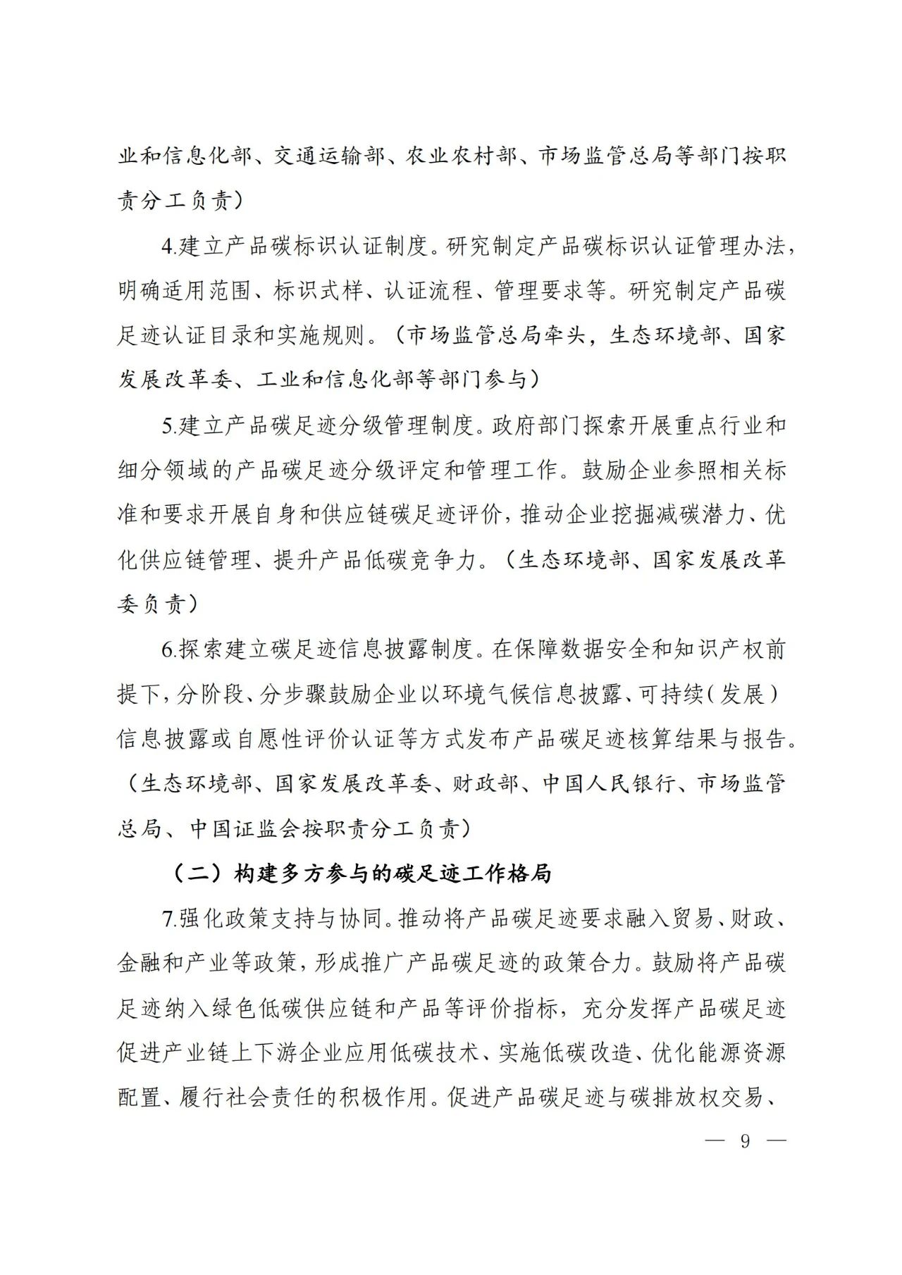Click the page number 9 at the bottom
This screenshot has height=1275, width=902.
(x=745, y=1141)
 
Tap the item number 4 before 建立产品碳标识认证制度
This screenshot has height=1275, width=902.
(x=167, y=246)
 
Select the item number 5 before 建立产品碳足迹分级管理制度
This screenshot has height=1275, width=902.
(x=167, y=425)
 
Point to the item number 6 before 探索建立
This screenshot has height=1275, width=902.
(x=167, y=649)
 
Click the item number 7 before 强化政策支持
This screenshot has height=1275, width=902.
(x=167, y=919)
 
